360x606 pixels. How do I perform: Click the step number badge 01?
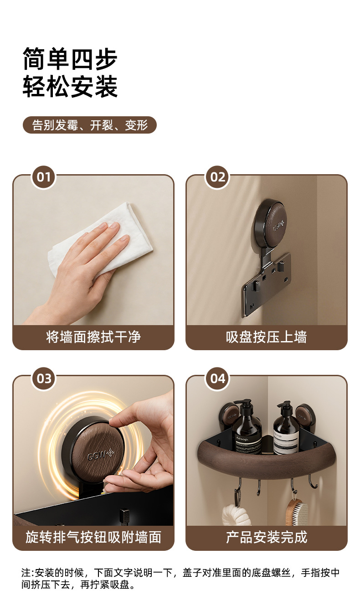(x=43, y=177)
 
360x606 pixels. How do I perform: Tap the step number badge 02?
(x=217, y=177)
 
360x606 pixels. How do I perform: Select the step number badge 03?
(x=43, y=379)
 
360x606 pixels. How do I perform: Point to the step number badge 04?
(x=217, y=379)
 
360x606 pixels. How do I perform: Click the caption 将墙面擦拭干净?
(x=93, y=337)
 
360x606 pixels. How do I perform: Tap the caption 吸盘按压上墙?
(x=267, y=337)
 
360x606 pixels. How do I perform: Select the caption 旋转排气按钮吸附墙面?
(x=93, y=537)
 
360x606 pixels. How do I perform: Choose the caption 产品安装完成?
(x=267, y=537)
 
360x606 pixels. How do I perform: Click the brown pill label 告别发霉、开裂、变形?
(x=90, y=125)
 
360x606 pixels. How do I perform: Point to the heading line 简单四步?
(x=70, y=59)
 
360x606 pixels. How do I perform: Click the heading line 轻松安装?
(x=70, y=87)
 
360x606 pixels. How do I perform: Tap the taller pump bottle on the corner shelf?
(x=247, y=427)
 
